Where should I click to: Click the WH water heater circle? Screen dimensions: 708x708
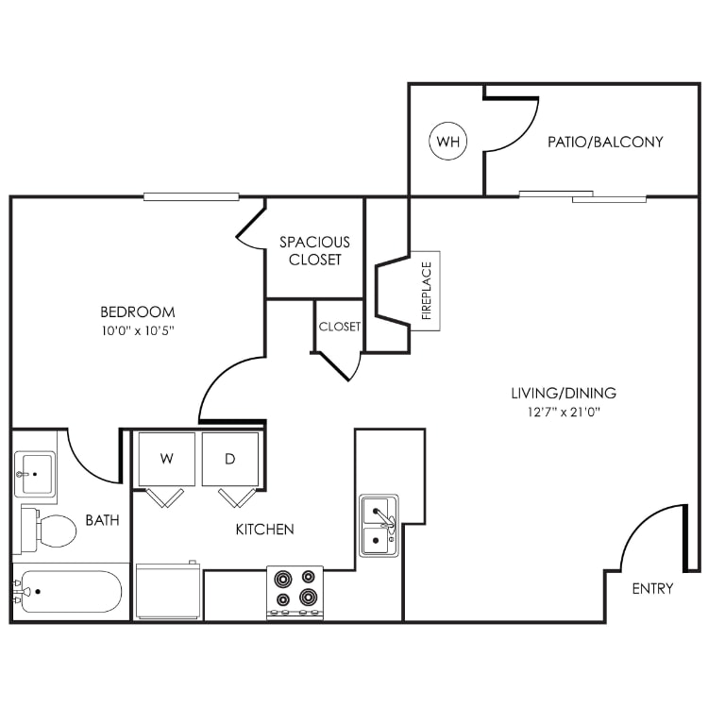447,143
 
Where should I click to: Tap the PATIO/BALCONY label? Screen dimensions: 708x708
605,143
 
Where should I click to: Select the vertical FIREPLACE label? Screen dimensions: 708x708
426,291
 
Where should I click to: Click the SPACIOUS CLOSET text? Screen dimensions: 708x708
314,250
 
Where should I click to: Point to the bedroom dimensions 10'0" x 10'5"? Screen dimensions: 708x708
138,330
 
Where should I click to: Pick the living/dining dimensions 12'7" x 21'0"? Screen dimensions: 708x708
564,412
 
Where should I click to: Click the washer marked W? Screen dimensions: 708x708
166,459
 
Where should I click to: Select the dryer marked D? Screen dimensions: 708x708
230,459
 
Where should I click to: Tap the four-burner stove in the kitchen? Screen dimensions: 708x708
295,592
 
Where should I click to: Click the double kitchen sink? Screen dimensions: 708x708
379,526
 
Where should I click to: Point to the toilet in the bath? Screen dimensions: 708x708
49,529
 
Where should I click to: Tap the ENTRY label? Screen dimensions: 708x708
652,588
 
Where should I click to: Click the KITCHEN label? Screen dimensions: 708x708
264,530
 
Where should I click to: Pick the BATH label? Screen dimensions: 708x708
102,520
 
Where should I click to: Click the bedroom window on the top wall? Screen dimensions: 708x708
191,197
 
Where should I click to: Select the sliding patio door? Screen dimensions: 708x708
582,197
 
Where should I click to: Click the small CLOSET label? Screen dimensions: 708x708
339,327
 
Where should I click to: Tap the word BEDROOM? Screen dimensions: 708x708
138,312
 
